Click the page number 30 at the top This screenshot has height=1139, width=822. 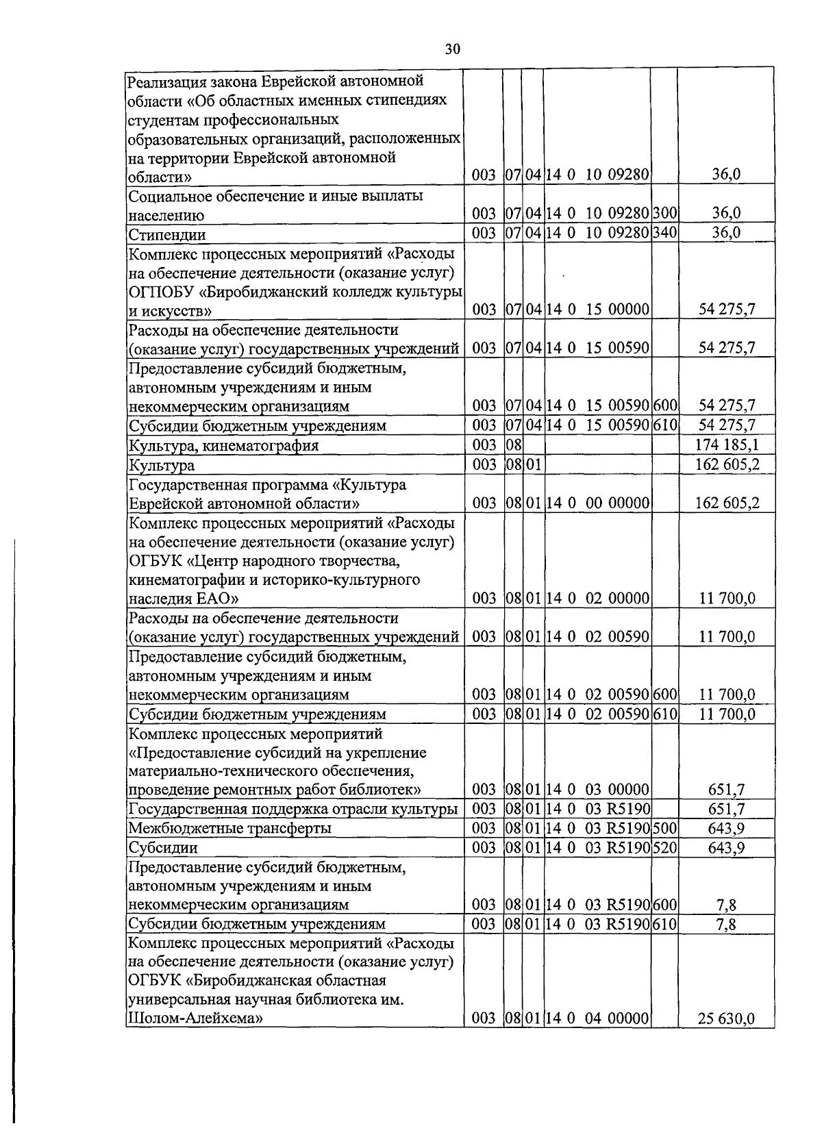coord(452,49)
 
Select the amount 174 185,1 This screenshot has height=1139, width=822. coord(727,446)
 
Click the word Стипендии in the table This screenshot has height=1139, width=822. coord(167,235)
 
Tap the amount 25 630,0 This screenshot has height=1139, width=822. coord(727,1018)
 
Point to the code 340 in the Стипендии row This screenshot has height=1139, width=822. coord(664,233)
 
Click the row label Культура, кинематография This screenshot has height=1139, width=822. coord(224,446)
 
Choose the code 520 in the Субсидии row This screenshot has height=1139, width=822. coord(664,847)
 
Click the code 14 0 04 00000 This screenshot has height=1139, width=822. coord(597,1018)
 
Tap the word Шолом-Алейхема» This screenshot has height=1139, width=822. coord(197,1018)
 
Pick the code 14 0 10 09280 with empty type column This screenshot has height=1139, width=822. coord(597,175)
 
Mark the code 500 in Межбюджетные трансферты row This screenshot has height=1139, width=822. coord(664,828)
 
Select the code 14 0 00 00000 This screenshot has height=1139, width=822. coord(597,503)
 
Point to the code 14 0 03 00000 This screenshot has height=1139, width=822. coord(597,790)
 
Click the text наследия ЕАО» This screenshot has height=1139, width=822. coord(184,599)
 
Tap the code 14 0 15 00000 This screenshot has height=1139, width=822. coord(597,310)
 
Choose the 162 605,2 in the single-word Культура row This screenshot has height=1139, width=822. coord(727,465)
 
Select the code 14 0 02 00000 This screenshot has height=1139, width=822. coord(597,599)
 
